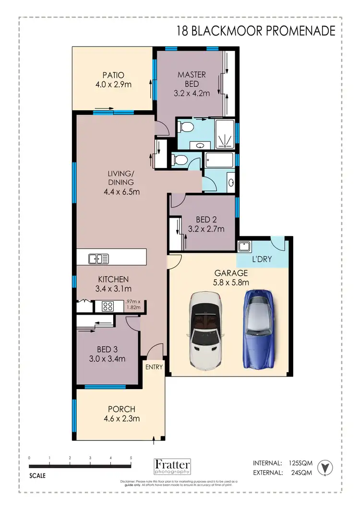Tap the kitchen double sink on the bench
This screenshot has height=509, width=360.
coord(99,259)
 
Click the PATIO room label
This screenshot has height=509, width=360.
coord(113,75)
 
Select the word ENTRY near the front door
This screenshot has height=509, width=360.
coord(155,367)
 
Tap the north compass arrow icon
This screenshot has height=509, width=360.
coord(326,467)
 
